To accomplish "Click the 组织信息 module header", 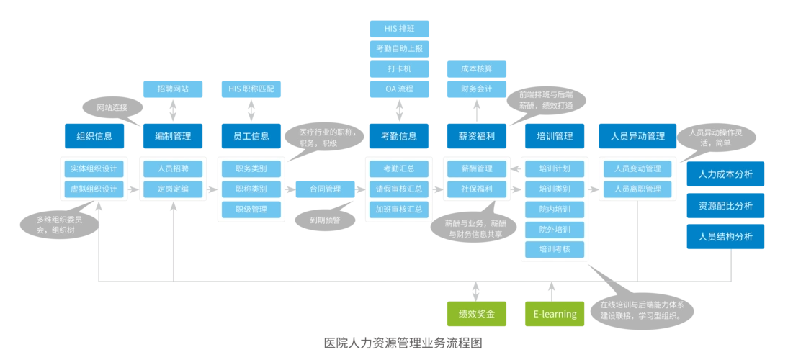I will click(95, 135).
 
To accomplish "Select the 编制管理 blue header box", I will click(173, 135).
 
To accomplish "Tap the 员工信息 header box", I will click(251, 135).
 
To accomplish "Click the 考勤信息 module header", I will click(399, 135).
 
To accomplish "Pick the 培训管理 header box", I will click(555, 135).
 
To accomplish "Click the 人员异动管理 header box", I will click(637, 135).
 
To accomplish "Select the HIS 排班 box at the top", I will click(400, 28).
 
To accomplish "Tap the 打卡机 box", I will click(400, 68).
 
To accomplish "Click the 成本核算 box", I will click(476, 68).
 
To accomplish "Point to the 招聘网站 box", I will click(173, 89).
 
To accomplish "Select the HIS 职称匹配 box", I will click(251, 89).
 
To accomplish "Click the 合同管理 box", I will click(325, 189).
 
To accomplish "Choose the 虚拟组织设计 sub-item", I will click(94, 189).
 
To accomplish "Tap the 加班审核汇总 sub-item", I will click(399, 209).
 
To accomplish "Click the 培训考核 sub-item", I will click(555, 249).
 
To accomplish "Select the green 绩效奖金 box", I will click(476, 314).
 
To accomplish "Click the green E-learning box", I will click(555, 314).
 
